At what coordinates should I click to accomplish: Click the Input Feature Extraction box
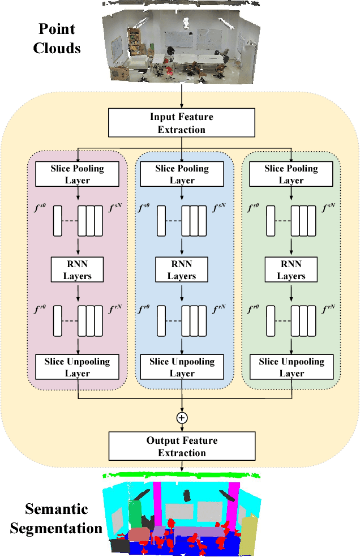point(181,123)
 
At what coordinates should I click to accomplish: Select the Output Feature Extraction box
point(182,447)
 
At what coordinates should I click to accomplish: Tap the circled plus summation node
point(182,418)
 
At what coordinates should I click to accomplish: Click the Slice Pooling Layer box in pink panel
point(78,174)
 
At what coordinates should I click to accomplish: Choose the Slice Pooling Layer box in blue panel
point(182,174)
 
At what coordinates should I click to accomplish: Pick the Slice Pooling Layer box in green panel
point(291,174)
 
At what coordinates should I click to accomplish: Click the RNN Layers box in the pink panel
point(78,270)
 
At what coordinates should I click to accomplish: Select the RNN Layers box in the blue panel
point(181,270)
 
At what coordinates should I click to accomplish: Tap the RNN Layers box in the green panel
point(291,270)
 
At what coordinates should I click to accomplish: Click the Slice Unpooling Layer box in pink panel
point(78,367)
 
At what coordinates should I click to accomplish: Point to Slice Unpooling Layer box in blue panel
point(182,367)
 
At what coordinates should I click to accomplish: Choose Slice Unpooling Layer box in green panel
point(291,367)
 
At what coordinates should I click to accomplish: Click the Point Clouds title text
point(57,38)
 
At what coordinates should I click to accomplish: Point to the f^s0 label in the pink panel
point(41,209)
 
